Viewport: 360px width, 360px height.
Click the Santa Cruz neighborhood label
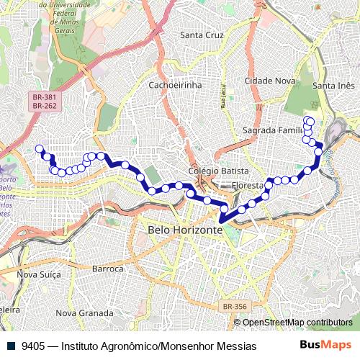[x=203, y=35]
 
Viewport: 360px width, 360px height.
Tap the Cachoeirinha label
[x=175, y=85]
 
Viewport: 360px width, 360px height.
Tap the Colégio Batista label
[x=218, y=171]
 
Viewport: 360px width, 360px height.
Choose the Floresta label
[x=248, y=186]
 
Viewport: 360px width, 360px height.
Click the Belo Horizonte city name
[x=185, y=230]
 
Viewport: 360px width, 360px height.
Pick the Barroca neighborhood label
[x=108, y=269]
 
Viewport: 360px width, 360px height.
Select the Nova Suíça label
[x=37, y=274]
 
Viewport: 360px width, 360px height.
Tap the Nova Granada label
[x=84, y=313]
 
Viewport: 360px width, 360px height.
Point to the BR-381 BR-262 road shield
[x=44, y=102]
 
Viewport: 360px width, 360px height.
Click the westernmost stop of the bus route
[x=39, y=149]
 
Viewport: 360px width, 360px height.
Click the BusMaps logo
[x=326, y=346]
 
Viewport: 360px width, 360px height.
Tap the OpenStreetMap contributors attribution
[x=297, y=322]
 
